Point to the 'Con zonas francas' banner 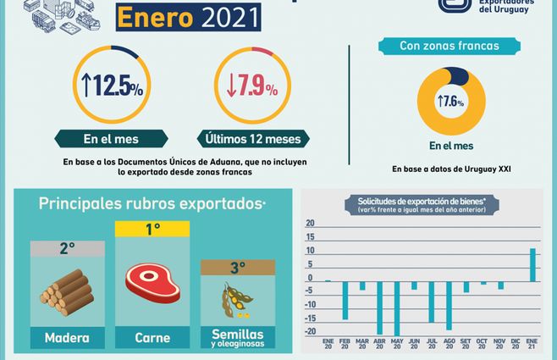pos(449,46)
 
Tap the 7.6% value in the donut pos(451,101)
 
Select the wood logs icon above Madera pos(68,292)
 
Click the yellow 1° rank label pos(152,229)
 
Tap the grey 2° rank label pos(68,248)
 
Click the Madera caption pos(68,338)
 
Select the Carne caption pos(152,338)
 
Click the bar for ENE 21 pos(532,264)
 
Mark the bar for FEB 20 pos(345,300)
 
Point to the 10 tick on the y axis pos(310,251)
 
